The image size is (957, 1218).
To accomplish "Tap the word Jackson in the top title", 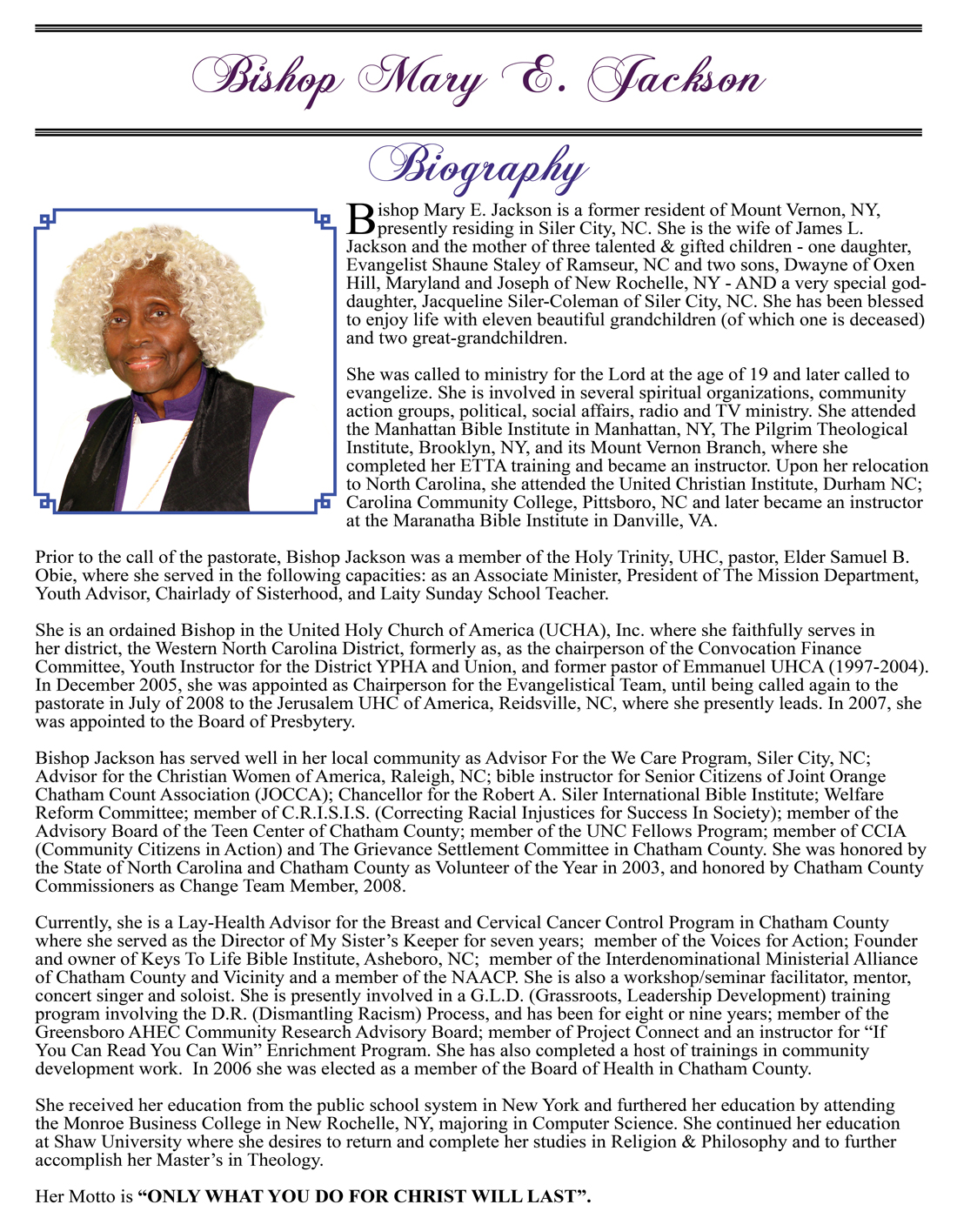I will [x=676, y=80].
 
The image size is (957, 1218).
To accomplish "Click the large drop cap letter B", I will [x=359, y=218].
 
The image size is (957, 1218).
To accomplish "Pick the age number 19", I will [x=758, y=374].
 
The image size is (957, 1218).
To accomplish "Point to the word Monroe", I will [x=94, y=1123].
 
